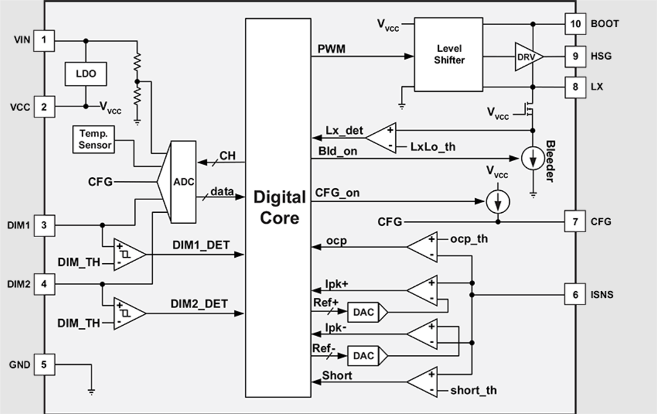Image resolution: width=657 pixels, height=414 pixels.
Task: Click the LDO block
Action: click(85, 73)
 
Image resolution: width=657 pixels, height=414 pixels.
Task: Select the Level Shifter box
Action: click(448, 54)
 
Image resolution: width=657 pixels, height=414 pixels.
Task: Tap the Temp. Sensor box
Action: click(94, 139)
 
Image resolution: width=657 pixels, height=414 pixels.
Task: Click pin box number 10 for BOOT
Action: click(575, 24)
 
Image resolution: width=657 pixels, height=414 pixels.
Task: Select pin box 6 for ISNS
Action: click(575, 295)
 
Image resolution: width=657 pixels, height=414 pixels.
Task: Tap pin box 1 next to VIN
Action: click(44, 40)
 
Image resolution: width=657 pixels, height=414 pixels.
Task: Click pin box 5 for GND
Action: click(44, 363)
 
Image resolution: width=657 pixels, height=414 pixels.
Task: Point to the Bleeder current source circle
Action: click(531, 158)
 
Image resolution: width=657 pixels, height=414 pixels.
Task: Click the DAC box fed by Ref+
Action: click(364, 312)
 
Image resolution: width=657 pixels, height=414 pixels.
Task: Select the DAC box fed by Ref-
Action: click(364, 356)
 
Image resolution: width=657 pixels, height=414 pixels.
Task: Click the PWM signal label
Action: click(331, 49)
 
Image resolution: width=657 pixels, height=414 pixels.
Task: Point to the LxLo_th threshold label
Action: click(433, 147)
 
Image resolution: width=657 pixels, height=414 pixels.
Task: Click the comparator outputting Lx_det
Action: click(382, 138)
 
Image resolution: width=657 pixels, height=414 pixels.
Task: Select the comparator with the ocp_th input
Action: click(423, 247)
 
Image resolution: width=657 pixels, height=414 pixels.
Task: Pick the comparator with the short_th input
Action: click(423, 382)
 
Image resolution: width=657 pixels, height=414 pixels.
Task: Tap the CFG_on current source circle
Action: click(498, 202)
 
